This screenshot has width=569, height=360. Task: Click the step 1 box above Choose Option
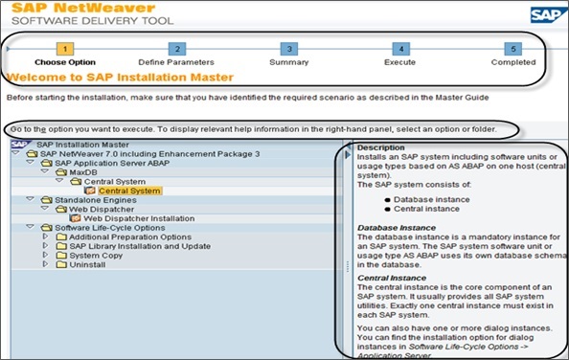[62, 49]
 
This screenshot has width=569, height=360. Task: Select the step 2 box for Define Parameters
[176, 49]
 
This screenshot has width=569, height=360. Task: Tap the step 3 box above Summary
[288, 49]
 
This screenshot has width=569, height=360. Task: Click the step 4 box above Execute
[401, 49]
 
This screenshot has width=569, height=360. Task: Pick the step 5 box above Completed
[513, 49]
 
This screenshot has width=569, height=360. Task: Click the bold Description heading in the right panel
[380, 147]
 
